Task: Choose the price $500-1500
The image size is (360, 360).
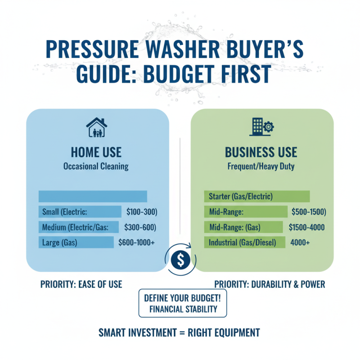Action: pos(309,211)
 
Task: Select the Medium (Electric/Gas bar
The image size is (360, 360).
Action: pos(79,227)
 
